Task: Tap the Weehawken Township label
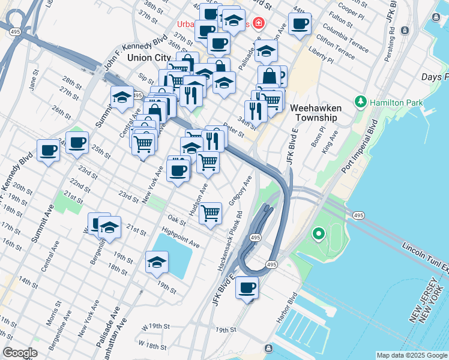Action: (x=313, y=113)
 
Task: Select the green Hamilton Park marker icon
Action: (x=361, y=102)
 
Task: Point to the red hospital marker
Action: (x=258, y=24)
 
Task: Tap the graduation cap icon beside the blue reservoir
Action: (x=157, y=262)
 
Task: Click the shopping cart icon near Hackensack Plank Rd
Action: (x=210, y=213)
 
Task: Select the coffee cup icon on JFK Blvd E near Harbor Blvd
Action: (x=247, y=287)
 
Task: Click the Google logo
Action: (x=20, y=353)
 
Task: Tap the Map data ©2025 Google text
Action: (x=411, y=355)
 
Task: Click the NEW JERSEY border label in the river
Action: (x=420, y=312)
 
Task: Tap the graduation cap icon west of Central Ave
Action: (x=122, y=97)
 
